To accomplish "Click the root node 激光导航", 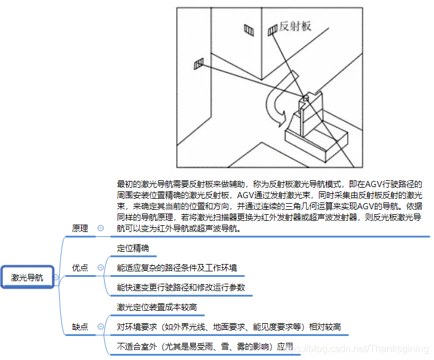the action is tap(27, 278).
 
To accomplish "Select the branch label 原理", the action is tap(79, 228).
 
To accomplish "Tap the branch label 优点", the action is tap(79, 268).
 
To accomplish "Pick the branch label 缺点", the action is tap(79, 327).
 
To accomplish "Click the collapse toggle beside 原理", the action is tap(101, 228).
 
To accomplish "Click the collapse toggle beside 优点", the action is tap(101, 267).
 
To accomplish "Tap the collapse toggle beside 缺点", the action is tap(101, 327).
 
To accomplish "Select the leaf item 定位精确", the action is tap(133, 248).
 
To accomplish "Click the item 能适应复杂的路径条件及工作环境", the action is tap(177, 268).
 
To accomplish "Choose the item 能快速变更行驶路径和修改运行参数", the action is tap(181, 287).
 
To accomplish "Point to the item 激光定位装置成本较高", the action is tap(156, 307).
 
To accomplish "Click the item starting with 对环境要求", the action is tap(229, 327).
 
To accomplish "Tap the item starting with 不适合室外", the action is tap(205, 346).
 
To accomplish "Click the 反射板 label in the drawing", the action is tap(295, 26).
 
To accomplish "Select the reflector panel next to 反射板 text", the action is tap(272, 30).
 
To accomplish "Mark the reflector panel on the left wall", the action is tap(199, 63).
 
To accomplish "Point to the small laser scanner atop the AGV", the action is tap(305, 98).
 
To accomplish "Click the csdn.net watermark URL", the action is tap(357, 349).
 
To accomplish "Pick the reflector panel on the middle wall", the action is tap(249, 30).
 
